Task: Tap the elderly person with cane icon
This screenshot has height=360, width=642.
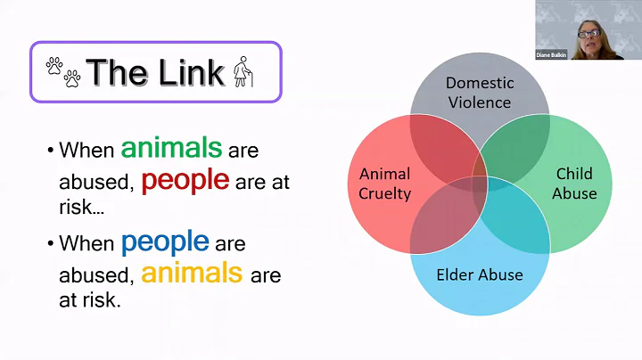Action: pos(243,72)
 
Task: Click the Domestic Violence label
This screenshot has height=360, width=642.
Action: pos(480,93)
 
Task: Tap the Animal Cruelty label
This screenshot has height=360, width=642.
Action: pos(385,183)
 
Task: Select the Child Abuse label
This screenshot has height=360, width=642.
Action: pos(575,183)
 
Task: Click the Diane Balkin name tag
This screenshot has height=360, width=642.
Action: pos(552,55)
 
